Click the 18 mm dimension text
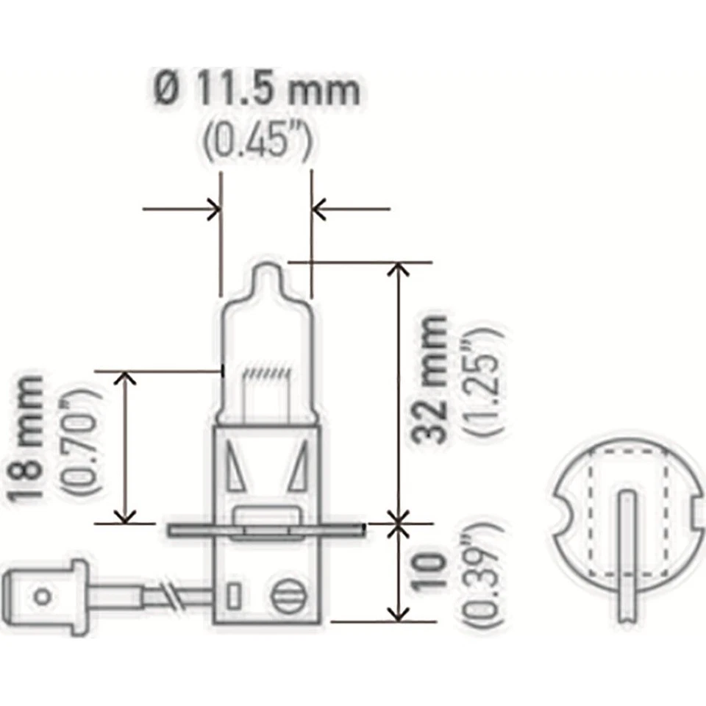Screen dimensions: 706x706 coord(28,439)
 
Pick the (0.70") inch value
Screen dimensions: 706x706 coord(79,439)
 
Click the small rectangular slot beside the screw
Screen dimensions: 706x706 coord(233,594)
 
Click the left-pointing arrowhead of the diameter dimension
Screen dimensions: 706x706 coord(319,210)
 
